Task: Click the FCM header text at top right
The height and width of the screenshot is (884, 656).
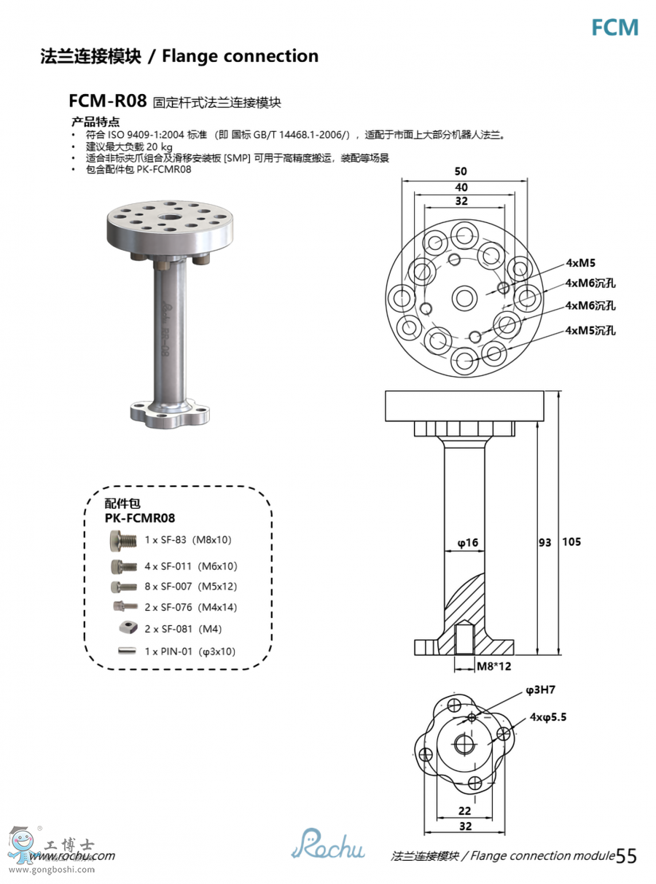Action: [x=614, y=28]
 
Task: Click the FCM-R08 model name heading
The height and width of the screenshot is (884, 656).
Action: [x=107, y=100]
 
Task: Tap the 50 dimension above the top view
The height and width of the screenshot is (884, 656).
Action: [x=461, y=172]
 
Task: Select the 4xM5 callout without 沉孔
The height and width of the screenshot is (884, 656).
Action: [x=580, y=263]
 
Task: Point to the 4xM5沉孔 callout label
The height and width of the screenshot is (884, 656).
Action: [x=590, y=330]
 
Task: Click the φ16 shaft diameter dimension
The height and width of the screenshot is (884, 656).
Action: [x=467, y=542]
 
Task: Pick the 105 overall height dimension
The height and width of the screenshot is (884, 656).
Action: [x=571, y=542]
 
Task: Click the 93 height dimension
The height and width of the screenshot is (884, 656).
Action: [x=544, y=542]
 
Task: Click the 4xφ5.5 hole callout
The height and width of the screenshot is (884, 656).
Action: [x=548, y=717]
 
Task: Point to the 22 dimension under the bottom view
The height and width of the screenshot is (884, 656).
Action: [x=465, y=810]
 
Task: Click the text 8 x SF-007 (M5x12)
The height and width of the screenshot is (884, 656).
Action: [x=190, y=587]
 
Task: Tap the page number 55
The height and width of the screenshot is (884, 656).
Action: [x=626, y=856]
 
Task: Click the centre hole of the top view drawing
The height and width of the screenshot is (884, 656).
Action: [x=464, y=297]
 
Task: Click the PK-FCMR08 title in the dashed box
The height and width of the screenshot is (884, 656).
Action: [x=140, y=517]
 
